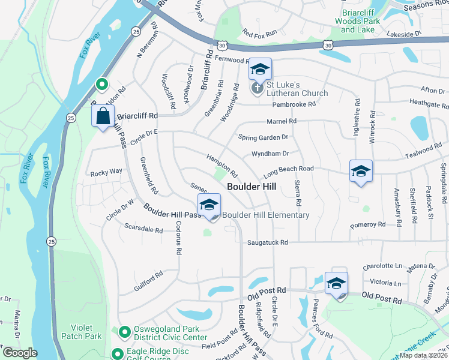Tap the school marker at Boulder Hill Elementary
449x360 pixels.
click(x=208, y=205)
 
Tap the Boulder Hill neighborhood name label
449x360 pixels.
click(x=252, y=187)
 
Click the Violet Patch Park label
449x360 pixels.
click(x=85, y=332)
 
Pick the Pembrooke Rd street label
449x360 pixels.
click(x=294, y=104)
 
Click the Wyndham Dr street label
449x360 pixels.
click(x=270, y=154)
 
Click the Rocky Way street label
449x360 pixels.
click(x=106, y=172)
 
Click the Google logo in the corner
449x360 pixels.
click(x=19, y=353)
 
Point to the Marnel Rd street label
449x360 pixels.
click(x=285, y=121)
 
